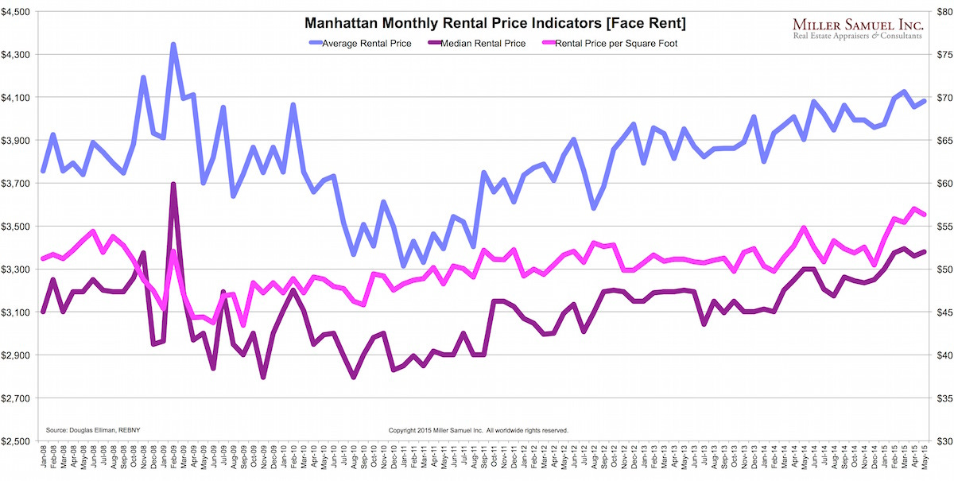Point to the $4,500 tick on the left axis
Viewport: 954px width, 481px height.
[17, 12]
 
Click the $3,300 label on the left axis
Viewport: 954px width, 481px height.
[17, 270]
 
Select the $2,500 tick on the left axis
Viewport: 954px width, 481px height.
[17, 441]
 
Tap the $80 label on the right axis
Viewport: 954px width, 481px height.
[938, 12]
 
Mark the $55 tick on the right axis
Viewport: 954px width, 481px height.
[938, 227]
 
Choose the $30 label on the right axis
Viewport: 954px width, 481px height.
[938, 441]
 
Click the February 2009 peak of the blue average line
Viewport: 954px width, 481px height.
[173, 45]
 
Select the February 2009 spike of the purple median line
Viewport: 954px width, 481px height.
[173, 184]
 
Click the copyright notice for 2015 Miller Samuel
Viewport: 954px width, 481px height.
[478, 429]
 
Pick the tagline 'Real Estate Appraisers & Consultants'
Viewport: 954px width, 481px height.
[857, 36]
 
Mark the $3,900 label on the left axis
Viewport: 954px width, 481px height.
[17, 141]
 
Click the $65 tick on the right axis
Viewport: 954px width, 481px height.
[938, 141]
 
